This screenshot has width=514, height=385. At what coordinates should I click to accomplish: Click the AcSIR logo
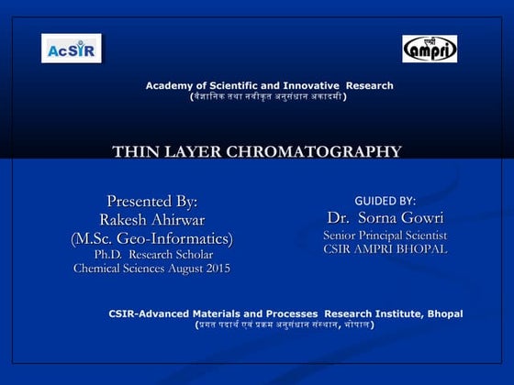click(71, 48)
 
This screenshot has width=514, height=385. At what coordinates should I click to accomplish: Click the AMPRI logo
click(430, 49)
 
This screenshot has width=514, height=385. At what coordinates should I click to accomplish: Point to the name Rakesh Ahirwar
click(152, 219)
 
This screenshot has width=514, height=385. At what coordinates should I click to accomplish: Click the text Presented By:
click(152, 201)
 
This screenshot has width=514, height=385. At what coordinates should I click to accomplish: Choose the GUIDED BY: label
click(385, 201)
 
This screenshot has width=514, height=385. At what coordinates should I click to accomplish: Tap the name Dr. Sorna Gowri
click(385, 218)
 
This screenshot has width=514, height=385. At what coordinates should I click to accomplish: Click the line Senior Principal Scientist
click(385, 236)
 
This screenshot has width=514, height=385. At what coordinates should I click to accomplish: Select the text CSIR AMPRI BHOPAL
click(385, 249)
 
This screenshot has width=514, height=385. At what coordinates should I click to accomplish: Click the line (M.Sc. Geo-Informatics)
click(152, 238)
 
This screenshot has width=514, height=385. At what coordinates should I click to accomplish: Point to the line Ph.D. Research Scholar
click(152, 254)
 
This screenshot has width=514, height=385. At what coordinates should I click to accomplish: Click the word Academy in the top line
click(167, 86)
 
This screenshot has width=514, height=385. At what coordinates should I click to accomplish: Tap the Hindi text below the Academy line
click(268, 96)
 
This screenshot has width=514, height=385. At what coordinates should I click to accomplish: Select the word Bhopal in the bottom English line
click(444, 313)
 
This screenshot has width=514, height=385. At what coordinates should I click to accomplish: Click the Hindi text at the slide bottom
click(284, 324)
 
